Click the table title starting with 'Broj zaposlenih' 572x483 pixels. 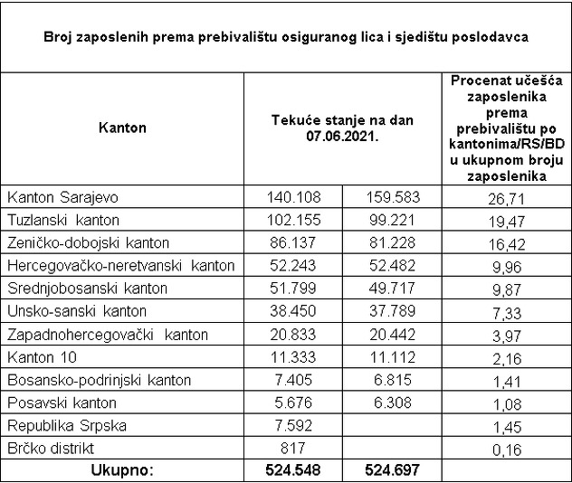point(286,37)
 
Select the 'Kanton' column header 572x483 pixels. point(121,128)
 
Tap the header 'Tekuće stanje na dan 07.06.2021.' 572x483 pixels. point(342,128)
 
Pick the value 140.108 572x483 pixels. point(293,197)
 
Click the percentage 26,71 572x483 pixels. point(505,197)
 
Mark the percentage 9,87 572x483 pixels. point(505,289)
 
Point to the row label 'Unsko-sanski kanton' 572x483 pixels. point(66,311)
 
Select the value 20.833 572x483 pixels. point(293,335)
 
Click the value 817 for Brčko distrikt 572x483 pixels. point(293,448)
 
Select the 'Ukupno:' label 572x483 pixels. point(121,470)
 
